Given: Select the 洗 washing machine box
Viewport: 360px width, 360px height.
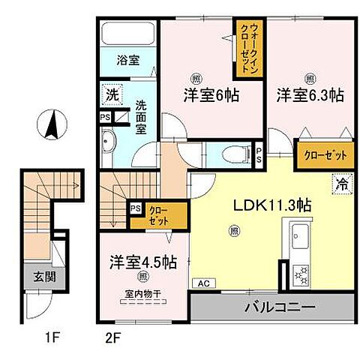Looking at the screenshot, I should pyautogui.click(x=112, y=95).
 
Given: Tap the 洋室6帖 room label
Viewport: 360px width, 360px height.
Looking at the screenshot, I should pyautogui.click(x=212, y=95).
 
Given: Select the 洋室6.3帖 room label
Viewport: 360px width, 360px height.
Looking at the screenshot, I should pyautogui.click(x=310, y=95).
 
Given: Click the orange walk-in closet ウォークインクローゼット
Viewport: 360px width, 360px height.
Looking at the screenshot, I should pyautogui.click(x=246, y=49).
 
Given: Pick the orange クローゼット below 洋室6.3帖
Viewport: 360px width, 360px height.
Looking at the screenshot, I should pyautogui.click(x=325, y=155).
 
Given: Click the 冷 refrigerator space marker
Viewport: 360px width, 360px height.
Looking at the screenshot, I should pyautogui.click(x=341, y=183).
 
